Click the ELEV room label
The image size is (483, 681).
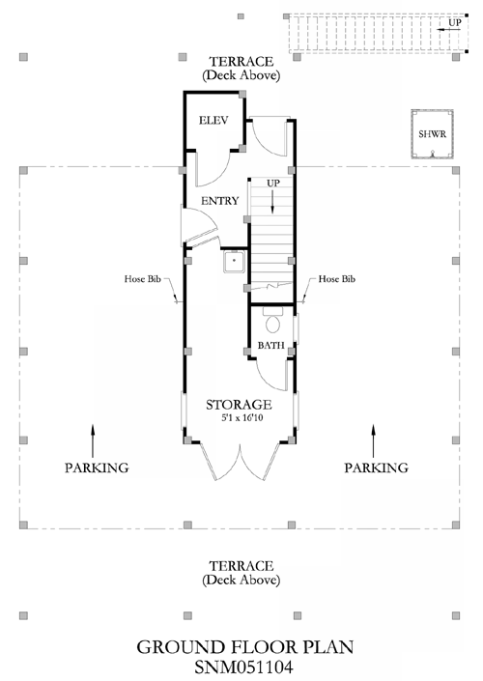[213, 121]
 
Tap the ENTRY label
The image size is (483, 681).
[220, 201]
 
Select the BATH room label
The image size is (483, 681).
[271, 345]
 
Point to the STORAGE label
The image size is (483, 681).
[239, 405]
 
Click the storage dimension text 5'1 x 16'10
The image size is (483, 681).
[242, 418]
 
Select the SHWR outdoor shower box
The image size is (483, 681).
[433, 134]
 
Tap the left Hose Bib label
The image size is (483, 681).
[142, 279]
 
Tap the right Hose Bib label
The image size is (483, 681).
[336, 279]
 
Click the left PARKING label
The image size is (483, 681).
[97, 468]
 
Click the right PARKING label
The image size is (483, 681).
[376, 468]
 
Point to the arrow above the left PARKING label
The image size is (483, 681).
[93, 440]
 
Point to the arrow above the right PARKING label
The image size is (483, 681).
[373, 440]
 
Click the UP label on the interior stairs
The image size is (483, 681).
[273, 184]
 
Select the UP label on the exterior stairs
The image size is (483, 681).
[455, 22]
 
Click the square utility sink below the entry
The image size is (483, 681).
[234, 261]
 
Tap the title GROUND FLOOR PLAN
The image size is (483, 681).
[245, 647]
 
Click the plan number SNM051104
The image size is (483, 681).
[243, 667]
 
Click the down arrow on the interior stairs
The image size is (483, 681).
[272, 202]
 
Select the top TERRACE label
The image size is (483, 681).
[241, 62]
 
